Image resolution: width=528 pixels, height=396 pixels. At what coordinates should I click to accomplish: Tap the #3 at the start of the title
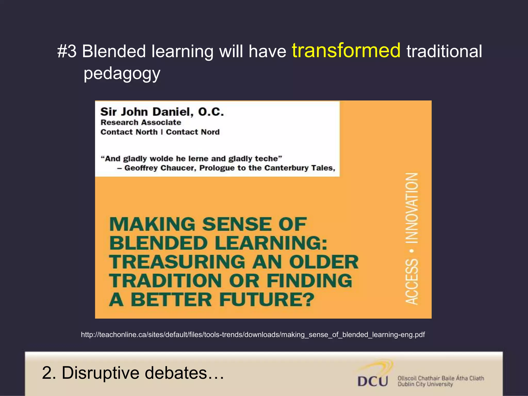[67, 51]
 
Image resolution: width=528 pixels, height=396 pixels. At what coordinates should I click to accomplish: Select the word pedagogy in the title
[122, 74]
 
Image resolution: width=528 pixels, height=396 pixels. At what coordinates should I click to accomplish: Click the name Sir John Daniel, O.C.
[162, 112]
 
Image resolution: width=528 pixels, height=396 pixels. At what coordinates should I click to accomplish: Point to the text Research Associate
[141, 122]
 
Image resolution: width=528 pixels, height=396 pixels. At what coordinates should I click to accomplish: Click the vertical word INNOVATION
[412, 208]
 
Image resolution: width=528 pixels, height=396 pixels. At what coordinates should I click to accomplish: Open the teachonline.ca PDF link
[253, 335]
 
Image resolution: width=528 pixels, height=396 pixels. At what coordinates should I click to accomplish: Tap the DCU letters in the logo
[373, 381]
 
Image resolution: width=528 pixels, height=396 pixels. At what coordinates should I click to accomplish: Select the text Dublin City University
[425, 384]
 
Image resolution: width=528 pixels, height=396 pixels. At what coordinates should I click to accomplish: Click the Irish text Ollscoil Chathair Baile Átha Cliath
[441, 378]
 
